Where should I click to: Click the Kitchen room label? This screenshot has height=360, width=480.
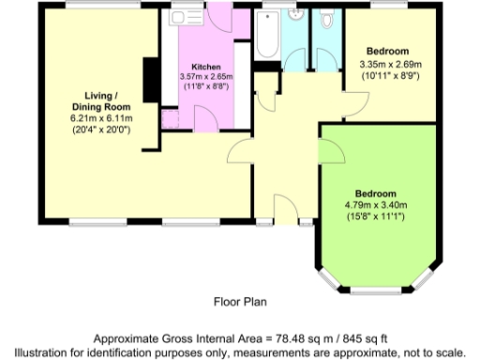pyautogui.click(x=205, y=67)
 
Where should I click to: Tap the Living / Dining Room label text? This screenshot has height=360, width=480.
pyautogui.click(x=101, y=101)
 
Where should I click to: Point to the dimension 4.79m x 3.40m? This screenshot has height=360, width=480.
pyautogui.click(x=382, y=206)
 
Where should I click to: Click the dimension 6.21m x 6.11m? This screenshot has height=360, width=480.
pyautogui.click(x=101, y=119)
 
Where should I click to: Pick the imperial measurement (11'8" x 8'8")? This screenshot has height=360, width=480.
pyautogui.click(x=205, y=86)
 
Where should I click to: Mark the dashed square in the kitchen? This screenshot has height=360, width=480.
pyautogui.click(x=171, y=118)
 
